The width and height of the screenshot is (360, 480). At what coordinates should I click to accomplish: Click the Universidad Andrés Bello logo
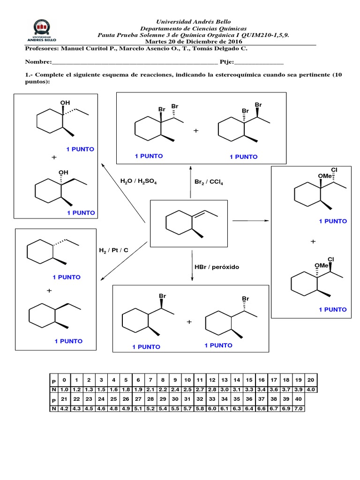[x=45, y=31]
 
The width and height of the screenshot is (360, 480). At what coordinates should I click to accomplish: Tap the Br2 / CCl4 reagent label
[x=209, y=181]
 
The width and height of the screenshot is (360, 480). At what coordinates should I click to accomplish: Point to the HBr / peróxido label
[x=217, y=267]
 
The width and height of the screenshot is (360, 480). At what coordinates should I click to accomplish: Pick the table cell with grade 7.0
[x=299, y=409]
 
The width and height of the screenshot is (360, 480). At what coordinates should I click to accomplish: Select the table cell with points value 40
[x=299, y=399]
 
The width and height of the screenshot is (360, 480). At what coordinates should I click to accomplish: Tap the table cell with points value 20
[x=312, y=379]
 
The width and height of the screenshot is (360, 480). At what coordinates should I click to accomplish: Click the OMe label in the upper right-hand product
[x=325, y=176]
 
